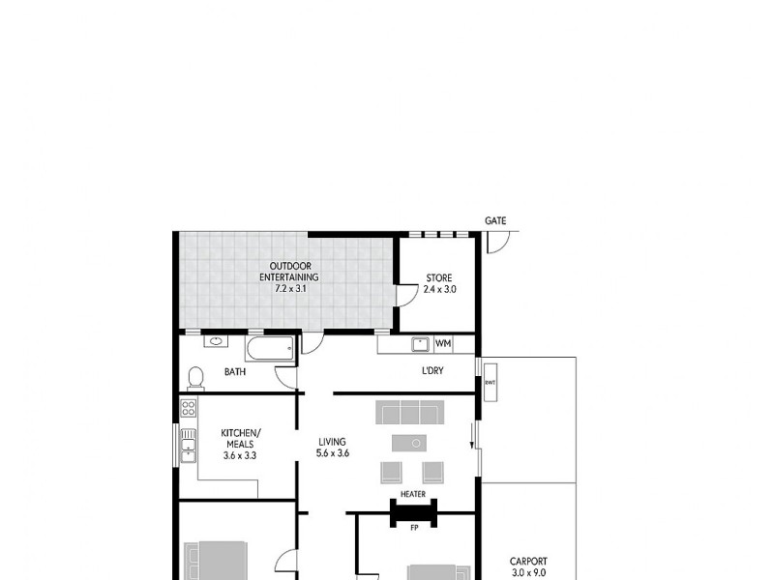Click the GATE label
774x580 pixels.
495,221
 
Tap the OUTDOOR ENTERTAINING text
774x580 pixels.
288,272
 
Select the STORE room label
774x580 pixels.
438,278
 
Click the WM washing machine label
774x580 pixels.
443,343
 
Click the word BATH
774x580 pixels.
234,371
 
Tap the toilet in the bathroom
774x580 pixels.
196,376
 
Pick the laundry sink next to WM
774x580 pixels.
420,343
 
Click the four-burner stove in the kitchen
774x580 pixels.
189,408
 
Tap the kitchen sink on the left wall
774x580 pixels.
187,446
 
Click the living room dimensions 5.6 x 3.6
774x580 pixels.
332,452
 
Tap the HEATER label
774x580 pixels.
413,494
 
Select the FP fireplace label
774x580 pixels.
413,529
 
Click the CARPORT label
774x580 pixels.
528,561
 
